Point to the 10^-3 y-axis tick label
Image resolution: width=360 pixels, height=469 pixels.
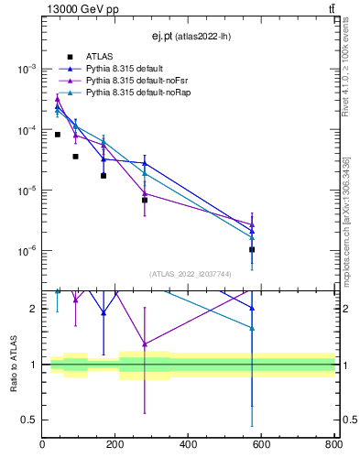click(27, 70)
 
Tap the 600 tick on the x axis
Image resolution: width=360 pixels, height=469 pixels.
click(262, 446)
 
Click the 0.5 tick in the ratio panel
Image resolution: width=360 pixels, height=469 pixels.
click(29, 420)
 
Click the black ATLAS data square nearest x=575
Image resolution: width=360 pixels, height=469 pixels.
click(252, 249)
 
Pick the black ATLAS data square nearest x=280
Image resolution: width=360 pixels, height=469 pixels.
click(145, 200)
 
